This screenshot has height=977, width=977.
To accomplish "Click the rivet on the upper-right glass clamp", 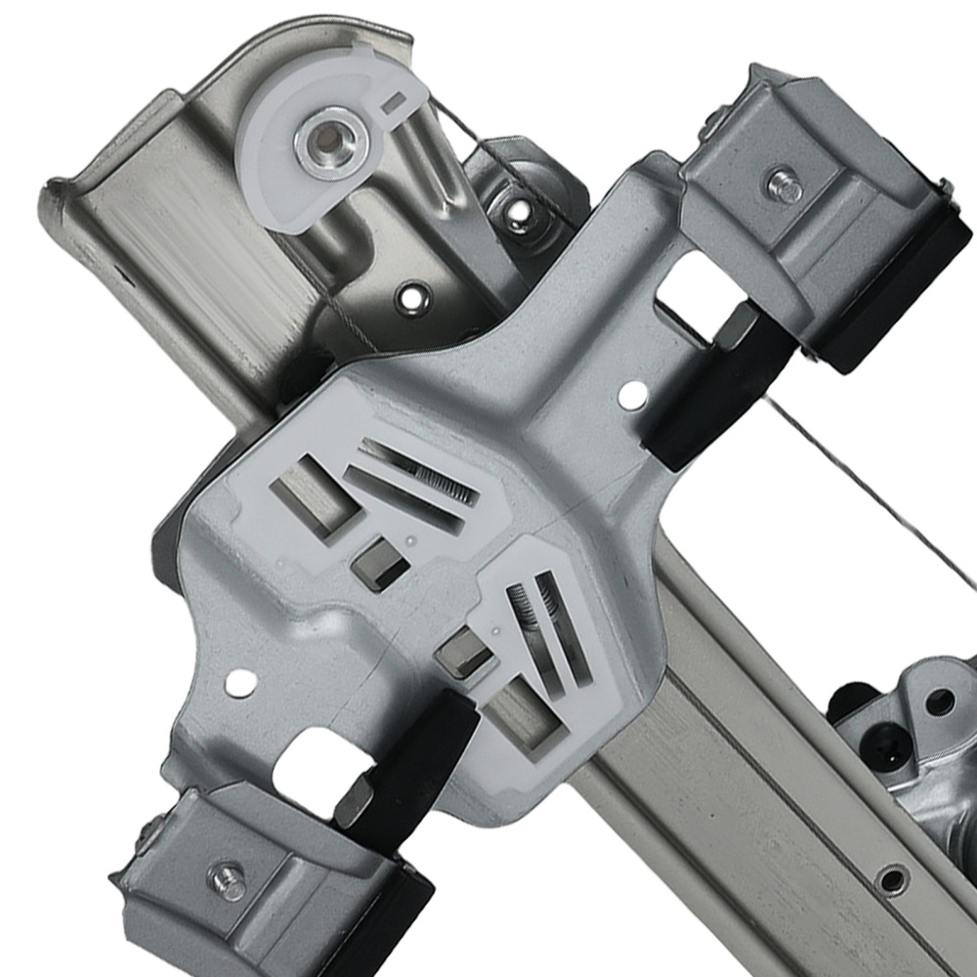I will tap(782, 186).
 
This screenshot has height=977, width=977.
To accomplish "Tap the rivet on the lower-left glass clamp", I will tap(230, 881).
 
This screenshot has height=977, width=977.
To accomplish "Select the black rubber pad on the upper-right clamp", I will tap(904, 293).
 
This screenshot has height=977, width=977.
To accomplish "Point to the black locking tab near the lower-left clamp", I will tap(410, 762).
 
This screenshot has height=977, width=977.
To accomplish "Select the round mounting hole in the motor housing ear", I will tap(940, 701).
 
